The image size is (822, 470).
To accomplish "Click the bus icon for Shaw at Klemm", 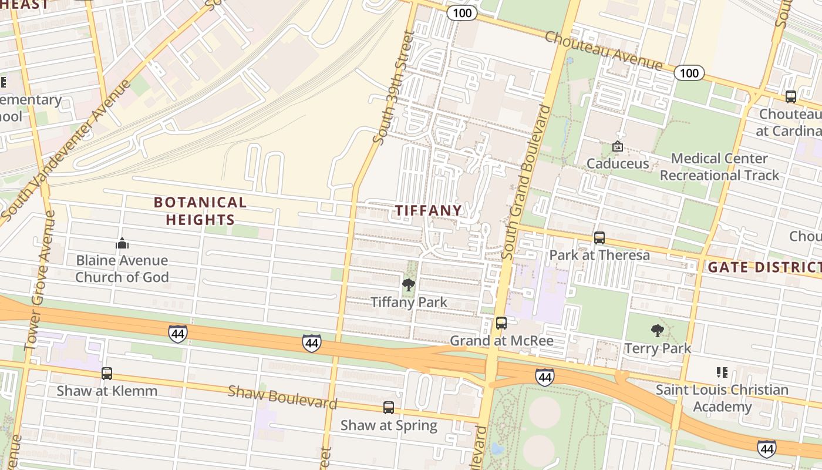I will point(106,373).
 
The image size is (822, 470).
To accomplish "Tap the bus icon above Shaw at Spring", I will point(388,407).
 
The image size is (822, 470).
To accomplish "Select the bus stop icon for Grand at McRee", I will point(501,323).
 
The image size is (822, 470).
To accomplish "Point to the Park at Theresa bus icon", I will point(599,237).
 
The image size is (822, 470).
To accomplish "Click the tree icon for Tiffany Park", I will point(408,285).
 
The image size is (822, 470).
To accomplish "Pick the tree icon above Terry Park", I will point(657,331).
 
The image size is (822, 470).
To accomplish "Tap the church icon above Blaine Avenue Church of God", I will point(122,243).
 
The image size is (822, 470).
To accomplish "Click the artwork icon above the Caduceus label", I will point(617,146).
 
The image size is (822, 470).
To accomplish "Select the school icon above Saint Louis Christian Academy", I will point(722,372).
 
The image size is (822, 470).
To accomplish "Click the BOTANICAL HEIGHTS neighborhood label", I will point(200,211).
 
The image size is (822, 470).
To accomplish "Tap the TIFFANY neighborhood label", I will point(428,210).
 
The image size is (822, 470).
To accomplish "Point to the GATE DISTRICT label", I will point(763,267).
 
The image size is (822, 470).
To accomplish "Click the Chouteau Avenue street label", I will point(604,51).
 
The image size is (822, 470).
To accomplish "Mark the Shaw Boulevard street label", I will point(282,397).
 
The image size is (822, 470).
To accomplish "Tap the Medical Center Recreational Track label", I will point(719,167).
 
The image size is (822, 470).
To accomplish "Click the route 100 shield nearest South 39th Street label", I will point(461,13).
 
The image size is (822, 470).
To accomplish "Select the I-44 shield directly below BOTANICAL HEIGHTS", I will point(178,334).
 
